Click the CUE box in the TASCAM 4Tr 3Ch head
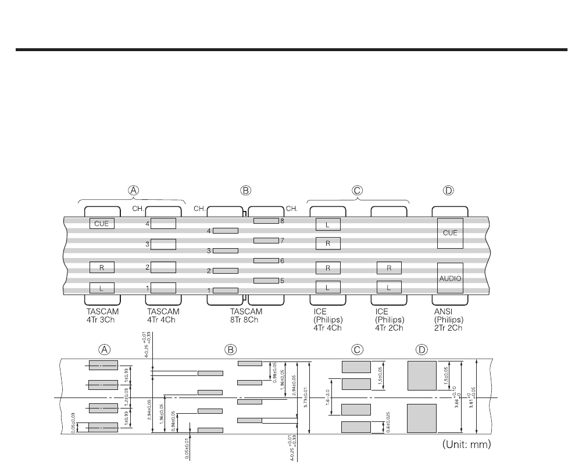pyautogui.click(x=102, y=223)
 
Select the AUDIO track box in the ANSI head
pyautogui.click(x=451, y=278)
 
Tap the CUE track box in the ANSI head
pyautogui.click(x=451, y=232)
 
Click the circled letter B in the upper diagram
pyautogui.click(x=246, y=191)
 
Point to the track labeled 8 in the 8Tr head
pyautogui.click(x=266, y=221)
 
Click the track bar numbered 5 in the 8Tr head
pyautogui.click(x=266, y=281)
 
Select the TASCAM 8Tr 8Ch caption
pyautogui.click(x=246, y=316)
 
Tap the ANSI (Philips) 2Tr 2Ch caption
pyautogui.click(x=449, y=319)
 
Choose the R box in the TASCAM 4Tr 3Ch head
pyautogui.click(x=102, y=267)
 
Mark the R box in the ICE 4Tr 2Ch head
pyautogui.click(x=389, y=268)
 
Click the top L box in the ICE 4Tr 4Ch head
pyautogui.click(x=328, y=224)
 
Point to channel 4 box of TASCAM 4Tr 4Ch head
pyautogui.click(x=163, y=223)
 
